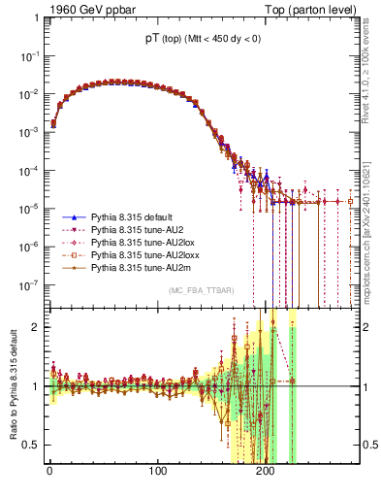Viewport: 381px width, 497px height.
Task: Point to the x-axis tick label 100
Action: pos(157,471)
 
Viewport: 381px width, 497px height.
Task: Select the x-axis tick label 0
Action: pos(49,471)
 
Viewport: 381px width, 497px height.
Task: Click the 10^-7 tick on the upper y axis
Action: pos(27,285)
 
